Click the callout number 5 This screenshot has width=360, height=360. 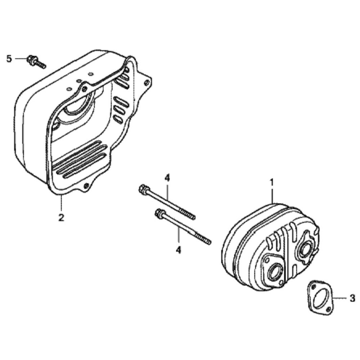pos(9,59)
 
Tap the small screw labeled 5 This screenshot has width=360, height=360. pos(36,62)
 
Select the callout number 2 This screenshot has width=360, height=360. pos(61,217)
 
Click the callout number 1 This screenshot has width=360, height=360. pos(272,183)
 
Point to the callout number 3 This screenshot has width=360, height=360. pos(352,298)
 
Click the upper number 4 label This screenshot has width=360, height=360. pos(167,179)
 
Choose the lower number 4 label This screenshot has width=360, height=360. pos(179,250)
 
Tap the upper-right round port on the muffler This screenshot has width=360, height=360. pos(305,250)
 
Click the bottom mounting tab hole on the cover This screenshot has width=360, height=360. pos(86,186)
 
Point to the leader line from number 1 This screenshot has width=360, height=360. pos(272,196)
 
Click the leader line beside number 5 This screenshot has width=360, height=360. pos(21,59)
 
